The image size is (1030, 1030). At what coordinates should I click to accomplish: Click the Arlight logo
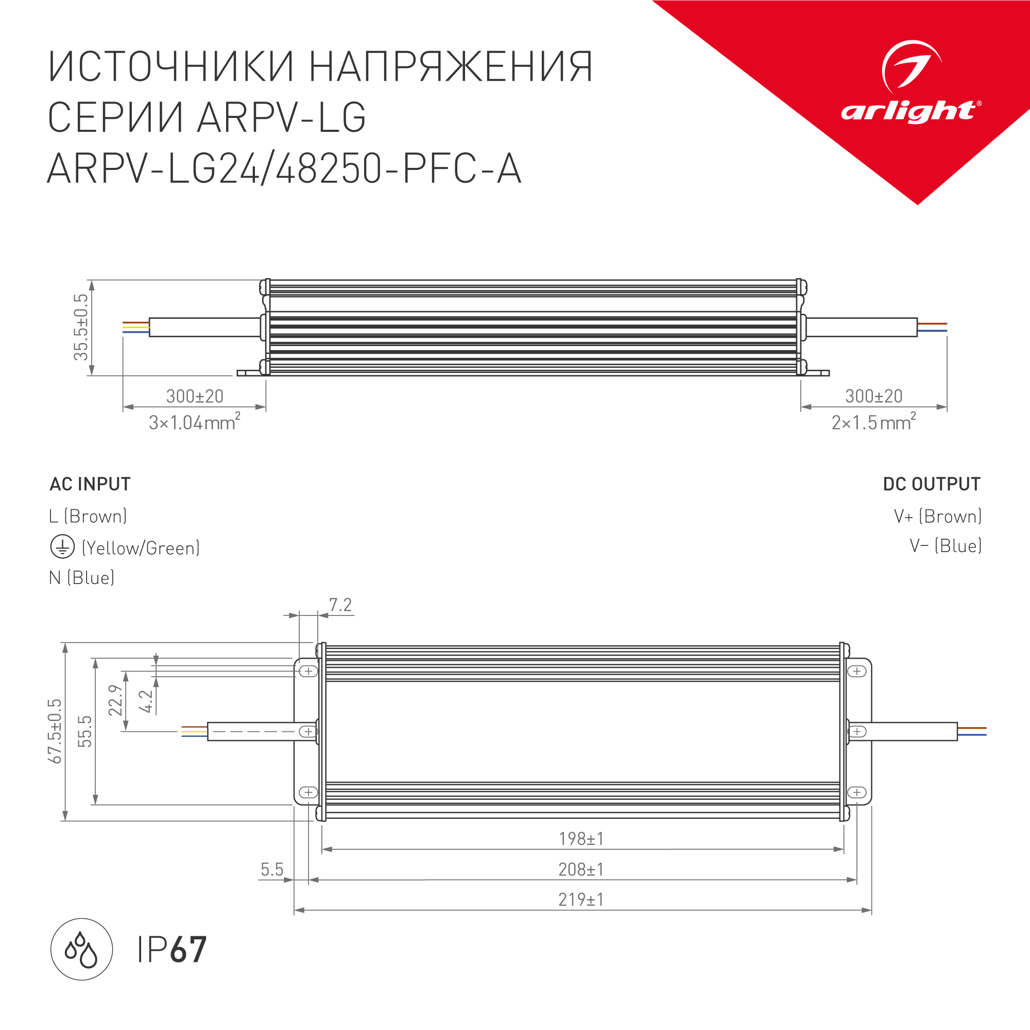[x=911, y=83]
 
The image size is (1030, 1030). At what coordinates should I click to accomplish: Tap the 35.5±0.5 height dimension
[x=81, y=328]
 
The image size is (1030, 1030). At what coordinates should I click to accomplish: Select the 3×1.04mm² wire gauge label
[x=194, y=422]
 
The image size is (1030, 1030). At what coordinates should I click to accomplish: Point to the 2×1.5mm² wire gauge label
[x=873, y=422]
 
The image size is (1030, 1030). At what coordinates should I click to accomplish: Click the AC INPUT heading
[x=90, y=484]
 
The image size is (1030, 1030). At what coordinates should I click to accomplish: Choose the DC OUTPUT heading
[x=931, y=484]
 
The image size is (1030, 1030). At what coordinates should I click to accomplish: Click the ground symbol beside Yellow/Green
[x=62, y=547]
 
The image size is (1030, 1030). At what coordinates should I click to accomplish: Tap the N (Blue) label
[x=81, y=577]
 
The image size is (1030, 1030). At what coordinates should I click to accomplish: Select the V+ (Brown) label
[x=938, y=516]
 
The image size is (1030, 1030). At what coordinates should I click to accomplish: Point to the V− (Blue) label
[x=945, y=546]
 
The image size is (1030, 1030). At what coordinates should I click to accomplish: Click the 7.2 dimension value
[x=340, y=605]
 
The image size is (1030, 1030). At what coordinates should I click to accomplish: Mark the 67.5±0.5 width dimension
[x=55, y=731]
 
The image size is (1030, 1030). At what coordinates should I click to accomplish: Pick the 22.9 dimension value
[x=115, y=700]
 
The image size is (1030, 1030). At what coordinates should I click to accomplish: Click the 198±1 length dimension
[x=581, y=838]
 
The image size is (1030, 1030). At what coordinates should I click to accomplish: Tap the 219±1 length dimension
[x=581, y=899]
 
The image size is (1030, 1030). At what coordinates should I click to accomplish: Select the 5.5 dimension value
[x=272, y=869]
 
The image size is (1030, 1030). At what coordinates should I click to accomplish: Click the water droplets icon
[x=81, y=950]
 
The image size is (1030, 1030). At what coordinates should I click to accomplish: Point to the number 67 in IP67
[x=188, y=950]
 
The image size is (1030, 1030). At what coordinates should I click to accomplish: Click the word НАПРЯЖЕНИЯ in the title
[x=451, y=67]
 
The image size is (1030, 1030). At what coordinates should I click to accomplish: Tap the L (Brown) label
[x=88, y=516]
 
